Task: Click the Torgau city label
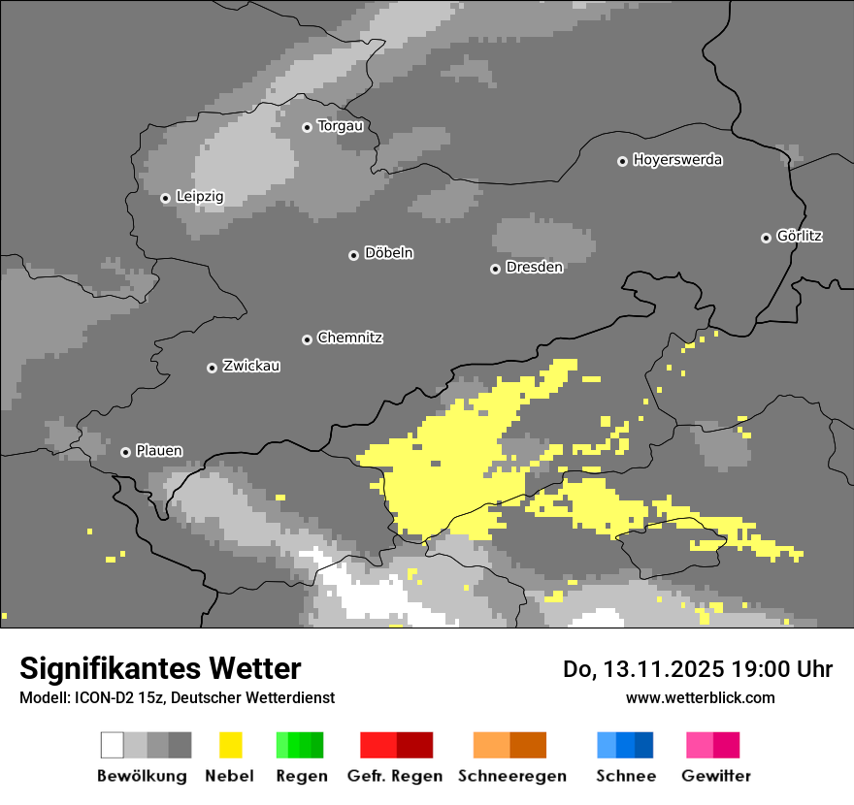(340, 126)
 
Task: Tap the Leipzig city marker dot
(166, 198)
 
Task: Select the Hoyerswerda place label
(677, 160)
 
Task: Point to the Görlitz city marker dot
(766, 238)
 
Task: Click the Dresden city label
(534, 268)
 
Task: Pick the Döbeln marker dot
(353, 255)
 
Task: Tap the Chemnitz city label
(349, 338)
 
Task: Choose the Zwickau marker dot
(212, 368)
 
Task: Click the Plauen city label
(158, 451)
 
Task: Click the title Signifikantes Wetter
(160, 669)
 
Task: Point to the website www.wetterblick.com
(700, 697)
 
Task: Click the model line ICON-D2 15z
(177, 698)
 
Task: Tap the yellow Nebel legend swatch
(230, 745)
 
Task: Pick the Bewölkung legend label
(142, 776)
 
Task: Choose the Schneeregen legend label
(511, 776)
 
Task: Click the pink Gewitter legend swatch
(700, 745)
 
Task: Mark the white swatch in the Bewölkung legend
(113, 745)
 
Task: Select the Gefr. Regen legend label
(395, 776)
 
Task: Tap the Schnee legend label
(625, 776)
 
